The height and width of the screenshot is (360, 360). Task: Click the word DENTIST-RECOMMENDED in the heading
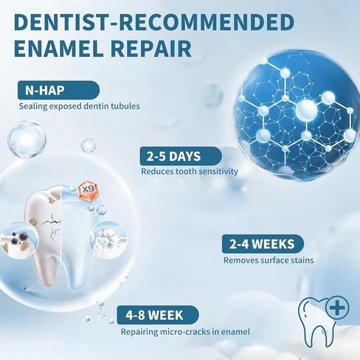154,22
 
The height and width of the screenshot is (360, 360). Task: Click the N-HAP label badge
58,90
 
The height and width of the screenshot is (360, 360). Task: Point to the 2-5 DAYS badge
181,156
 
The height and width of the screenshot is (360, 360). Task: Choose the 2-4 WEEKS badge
263,243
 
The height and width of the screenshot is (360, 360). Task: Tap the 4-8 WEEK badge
158,315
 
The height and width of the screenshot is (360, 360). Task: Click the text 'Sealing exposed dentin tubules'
80,106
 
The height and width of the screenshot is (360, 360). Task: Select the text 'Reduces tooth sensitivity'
190,171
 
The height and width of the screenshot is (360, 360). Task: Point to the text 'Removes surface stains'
269,260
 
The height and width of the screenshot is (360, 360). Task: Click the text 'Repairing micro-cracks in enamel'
185,332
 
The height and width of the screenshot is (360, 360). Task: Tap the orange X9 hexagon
88,190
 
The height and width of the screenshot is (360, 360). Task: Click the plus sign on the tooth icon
337,308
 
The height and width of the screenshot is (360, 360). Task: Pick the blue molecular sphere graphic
297,114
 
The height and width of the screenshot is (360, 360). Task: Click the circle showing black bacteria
19,240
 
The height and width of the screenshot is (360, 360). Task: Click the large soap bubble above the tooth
27,140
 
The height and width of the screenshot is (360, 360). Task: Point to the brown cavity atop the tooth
52,198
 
